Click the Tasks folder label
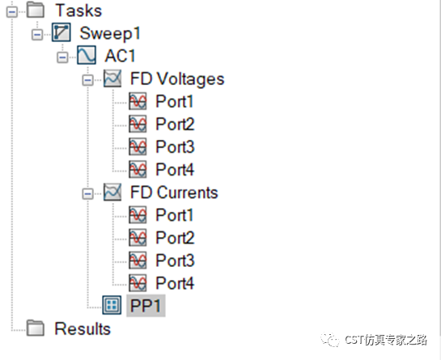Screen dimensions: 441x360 78,11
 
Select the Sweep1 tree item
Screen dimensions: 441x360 110,34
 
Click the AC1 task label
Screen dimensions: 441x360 120,56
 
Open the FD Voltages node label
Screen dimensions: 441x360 177,78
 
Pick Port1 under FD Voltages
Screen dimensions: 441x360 174,101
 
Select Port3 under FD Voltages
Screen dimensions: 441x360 175,146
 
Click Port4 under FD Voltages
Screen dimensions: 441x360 175,170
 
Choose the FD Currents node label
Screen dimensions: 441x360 174,193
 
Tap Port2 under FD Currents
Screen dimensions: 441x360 175,238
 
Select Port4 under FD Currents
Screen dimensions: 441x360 175,283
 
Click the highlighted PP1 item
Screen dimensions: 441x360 146,306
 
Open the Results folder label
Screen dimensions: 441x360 83,328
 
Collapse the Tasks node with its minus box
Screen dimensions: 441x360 12,12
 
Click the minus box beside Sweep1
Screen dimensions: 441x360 37,35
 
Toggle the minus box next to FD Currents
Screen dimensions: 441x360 87,194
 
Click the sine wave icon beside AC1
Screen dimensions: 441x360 87,55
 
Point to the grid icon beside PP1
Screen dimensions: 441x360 112,305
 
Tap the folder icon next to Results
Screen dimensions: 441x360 36,328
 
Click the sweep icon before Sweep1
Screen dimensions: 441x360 61,32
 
